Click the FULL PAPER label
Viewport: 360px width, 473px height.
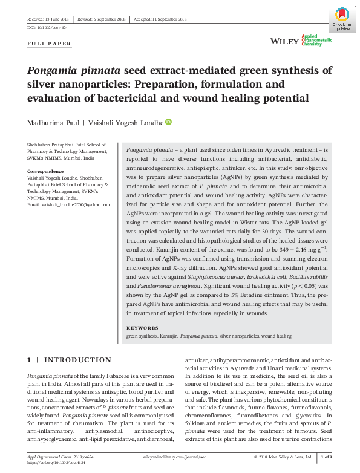50,44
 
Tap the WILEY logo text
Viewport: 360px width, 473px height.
284,41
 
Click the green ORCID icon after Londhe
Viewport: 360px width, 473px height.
168,122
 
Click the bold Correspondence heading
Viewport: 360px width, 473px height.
46,172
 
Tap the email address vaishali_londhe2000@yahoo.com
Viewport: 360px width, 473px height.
68,204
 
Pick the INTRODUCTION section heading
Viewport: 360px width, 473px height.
77,360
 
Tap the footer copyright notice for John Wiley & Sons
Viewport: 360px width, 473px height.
284,457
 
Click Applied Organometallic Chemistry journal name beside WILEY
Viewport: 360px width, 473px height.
317,41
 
